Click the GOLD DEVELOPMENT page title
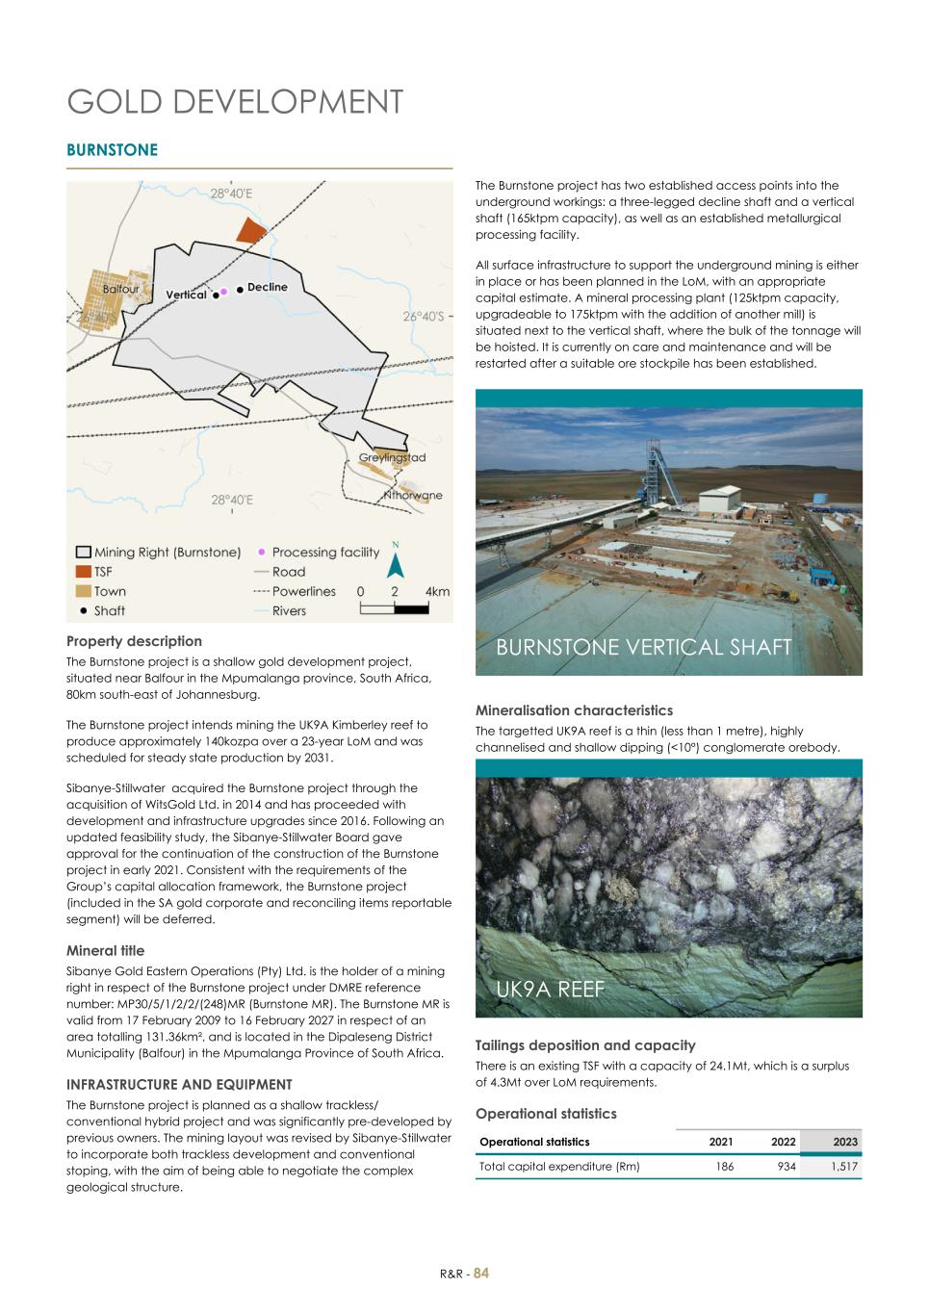[235, 102]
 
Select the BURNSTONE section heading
[112, 150]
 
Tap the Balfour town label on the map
[121, 289]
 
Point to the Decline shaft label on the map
[267, 287]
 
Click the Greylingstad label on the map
[392, 457]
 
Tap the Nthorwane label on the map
[413, 495]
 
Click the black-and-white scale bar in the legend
[394, 608]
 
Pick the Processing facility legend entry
[325, 552]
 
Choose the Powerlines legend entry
[303, 591]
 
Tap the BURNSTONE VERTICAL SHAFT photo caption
[643, 647]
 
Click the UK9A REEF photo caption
[550, 989]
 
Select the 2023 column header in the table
[844, 1142]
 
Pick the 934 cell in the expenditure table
[786, 1166]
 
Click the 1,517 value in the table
[843, 1166]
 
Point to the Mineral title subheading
[105, 950]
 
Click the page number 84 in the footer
[481, 1273]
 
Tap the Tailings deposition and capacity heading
[584, 1044]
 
